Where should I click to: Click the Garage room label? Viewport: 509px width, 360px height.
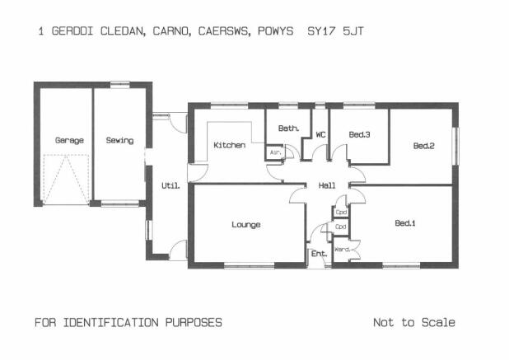[x=69, y=141]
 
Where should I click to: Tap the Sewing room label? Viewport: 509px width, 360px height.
[x=119, y=140]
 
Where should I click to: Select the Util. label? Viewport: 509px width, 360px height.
[x=170, y=185]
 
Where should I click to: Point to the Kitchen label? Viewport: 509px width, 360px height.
[x=229, y=145]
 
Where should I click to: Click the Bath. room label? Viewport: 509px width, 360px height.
[x=288, y=129]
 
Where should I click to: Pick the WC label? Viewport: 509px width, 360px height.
[x=320, y=134]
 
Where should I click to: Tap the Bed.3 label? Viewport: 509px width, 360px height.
[x=359, y=134]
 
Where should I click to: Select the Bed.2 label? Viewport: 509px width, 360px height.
[x=423, y=146]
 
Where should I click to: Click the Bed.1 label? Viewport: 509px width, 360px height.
[x=405, y=223]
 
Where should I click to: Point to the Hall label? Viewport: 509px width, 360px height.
[x=327, y=185]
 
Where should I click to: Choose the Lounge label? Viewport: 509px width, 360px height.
[x=246, y=225]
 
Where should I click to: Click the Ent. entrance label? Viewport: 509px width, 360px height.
[x=319, y=254]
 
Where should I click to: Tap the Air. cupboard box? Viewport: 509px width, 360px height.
[x=275, y=152]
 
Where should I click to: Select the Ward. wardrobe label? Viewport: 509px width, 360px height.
[x=342, y=250]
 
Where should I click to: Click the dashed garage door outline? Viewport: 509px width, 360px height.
[x=66, y=180]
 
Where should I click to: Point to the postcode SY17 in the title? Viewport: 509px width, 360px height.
[x=321, y=31]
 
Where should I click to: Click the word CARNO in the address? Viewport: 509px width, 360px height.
[x=171, y=31]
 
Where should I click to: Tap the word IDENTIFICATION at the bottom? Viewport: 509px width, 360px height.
[x=110, y=322]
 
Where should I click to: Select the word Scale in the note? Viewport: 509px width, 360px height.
[x=438, y=322]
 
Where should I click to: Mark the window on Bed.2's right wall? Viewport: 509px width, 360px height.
[x=455, y=146]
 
